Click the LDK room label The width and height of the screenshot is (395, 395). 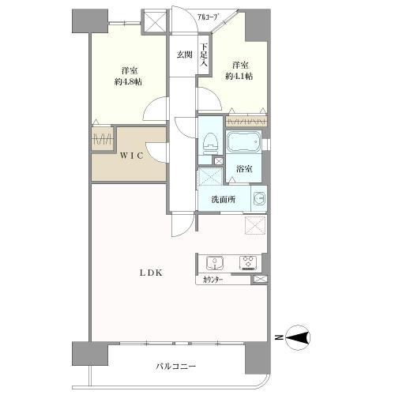pyautogui.click(x=152, y=273)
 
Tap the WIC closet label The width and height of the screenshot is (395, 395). pyautogui.click(x=131, y=156)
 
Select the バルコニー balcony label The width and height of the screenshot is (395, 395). pyautogui.click(x=175, y=367)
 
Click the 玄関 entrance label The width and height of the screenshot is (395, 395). pyautogui.click(x=184, y=55)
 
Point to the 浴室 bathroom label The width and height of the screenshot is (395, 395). pyautogui.click(x=243, y=168)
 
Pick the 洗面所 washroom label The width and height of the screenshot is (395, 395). pyautogui.click(x=222, y=199)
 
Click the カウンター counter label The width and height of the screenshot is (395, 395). pyautogui.click(x=212, y=279)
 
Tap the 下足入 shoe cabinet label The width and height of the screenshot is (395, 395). pyautogui.click(x=203, y=55)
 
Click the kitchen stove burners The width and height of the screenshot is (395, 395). pyautogui.click(x=248, y=263)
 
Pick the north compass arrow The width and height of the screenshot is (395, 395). pyautogui.click(x=299, y=339)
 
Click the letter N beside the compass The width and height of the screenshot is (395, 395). pyautogui.click(x=278, y=339)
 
